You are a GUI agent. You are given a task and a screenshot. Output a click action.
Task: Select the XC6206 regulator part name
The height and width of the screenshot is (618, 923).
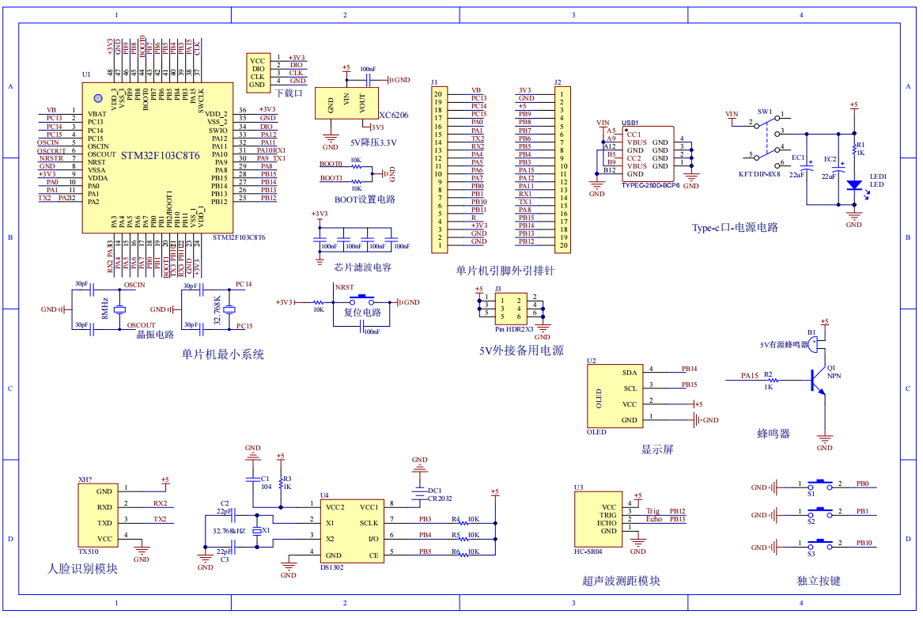393,116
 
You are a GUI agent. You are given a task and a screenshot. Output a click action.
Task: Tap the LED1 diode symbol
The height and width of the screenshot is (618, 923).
853,185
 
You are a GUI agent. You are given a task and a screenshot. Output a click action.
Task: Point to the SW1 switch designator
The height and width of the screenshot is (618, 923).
764,112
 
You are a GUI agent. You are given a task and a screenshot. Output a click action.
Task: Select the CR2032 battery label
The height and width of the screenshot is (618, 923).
439,499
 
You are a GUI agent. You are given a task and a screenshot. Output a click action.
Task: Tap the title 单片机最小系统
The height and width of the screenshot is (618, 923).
222,354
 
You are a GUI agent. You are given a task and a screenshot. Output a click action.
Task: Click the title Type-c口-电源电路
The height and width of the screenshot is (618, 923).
735,227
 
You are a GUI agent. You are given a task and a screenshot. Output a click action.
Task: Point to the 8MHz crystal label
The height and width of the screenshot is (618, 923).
104,309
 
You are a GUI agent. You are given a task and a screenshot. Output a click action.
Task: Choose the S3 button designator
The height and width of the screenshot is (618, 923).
811,553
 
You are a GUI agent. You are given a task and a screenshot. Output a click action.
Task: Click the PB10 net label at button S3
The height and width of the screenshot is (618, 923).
864,543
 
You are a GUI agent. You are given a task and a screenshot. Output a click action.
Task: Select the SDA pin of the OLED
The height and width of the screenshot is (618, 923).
629,372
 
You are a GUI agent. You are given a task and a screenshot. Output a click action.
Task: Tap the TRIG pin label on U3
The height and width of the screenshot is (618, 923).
607,515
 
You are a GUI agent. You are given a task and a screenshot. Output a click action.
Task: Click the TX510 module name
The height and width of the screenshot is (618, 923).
89,552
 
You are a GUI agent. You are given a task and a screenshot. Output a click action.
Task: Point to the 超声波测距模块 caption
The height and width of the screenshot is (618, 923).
621,582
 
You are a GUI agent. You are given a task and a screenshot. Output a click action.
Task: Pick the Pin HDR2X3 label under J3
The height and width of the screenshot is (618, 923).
514,328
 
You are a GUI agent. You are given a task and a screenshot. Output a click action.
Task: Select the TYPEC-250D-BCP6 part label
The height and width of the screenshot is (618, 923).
650,184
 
